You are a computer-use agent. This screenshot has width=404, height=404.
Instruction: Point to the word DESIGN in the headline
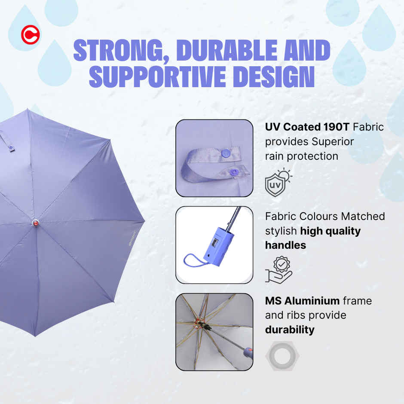pos(274,76)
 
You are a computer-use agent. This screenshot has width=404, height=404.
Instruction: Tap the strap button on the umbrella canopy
pos(11,149)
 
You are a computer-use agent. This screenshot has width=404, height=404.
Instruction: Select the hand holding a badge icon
pos(278,269)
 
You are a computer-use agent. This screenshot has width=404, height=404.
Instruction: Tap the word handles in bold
pos(285,245)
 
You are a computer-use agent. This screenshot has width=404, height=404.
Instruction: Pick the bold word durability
pos(289,330)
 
